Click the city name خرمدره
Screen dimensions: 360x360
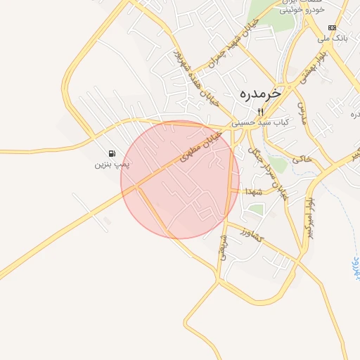259,93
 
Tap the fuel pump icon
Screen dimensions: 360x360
112,153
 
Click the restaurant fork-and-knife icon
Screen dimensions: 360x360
260,112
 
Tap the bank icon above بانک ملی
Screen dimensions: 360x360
332,27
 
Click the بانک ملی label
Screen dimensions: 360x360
333,37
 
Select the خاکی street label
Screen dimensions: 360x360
302,159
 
